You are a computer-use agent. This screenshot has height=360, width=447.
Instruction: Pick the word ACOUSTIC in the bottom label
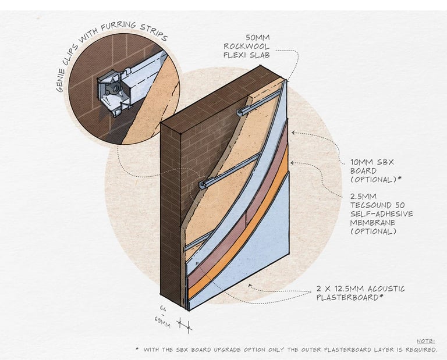coord(384,289)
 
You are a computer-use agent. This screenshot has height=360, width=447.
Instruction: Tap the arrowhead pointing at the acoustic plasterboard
coord(250,284)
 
